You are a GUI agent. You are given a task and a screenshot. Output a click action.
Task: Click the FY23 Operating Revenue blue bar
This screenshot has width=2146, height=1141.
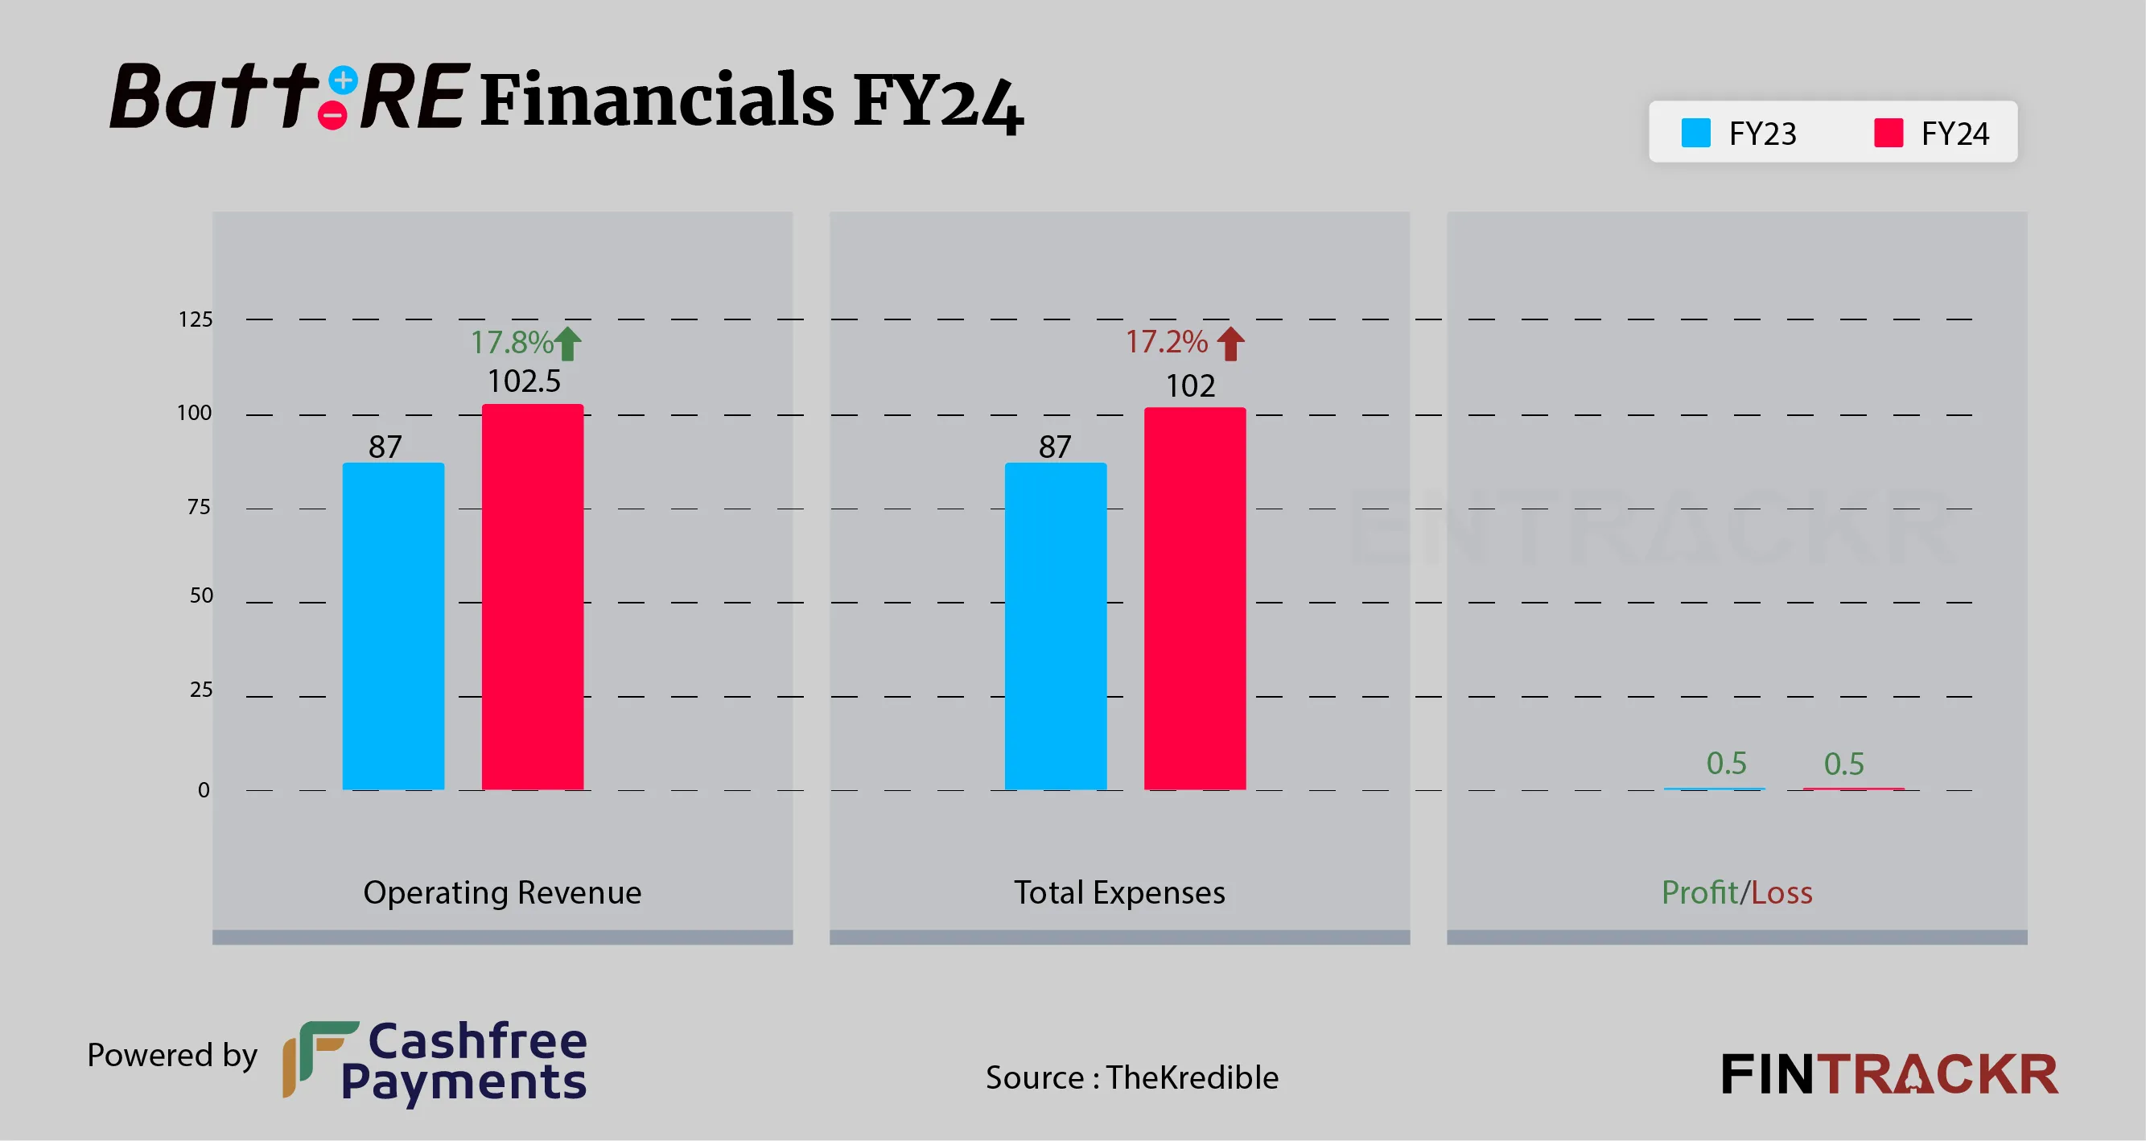click(x=393, y=626)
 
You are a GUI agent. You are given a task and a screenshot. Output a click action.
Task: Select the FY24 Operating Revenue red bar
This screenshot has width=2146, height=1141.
click(x=533, y=597)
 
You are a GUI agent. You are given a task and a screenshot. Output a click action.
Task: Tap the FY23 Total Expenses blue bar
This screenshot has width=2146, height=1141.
click(x=1056, y=626)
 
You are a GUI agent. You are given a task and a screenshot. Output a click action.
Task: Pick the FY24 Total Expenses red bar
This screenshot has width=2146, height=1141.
click(x=1195, y=599)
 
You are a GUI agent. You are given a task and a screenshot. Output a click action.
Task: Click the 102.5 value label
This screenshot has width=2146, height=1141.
click(x=524, y=381)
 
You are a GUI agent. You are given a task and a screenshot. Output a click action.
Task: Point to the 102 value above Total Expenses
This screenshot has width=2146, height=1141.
click(x=1189, y=385)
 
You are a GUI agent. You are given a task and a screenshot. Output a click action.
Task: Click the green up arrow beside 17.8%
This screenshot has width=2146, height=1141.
click(x=568, y=343)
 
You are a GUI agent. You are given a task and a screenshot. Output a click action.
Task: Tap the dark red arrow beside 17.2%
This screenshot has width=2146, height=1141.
click(x=1230, y=343)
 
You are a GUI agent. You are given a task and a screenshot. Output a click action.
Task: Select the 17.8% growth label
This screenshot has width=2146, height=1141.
click(x=512, y=342)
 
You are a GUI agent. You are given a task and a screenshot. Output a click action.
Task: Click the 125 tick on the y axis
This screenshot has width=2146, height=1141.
click(x=196, y=319)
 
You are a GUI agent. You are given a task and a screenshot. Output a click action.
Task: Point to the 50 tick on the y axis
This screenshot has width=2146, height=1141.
click(x=202, y=595)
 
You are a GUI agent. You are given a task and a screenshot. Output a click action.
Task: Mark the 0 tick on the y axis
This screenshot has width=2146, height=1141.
click(x=204, y=789)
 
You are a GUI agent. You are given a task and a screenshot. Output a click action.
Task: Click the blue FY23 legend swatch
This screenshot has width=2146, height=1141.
click(x=1695, y=134)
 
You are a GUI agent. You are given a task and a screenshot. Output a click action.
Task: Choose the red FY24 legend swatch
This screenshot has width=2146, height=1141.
click(x=1888, y=134)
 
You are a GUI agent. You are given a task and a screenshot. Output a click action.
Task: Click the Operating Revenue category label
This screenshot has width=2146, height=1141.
click(x=502, y=893)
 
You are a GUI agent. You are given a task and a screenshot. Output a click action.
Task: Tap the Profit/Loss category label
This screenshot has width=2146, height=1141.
click(x=1737, y=893)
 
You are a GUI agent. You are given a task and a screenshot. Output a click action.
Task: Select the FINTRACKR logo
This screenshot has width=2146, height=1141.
click(x=1889, y=1074)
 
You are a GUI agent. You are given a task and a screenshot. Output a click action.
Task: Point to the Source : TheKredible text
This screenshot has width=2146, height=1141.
click(x=1131, y=1077)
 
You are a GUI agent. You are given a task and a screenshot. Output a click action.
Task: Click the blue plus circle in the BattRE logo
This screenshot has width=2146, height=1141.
click(x=344, y=80)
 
